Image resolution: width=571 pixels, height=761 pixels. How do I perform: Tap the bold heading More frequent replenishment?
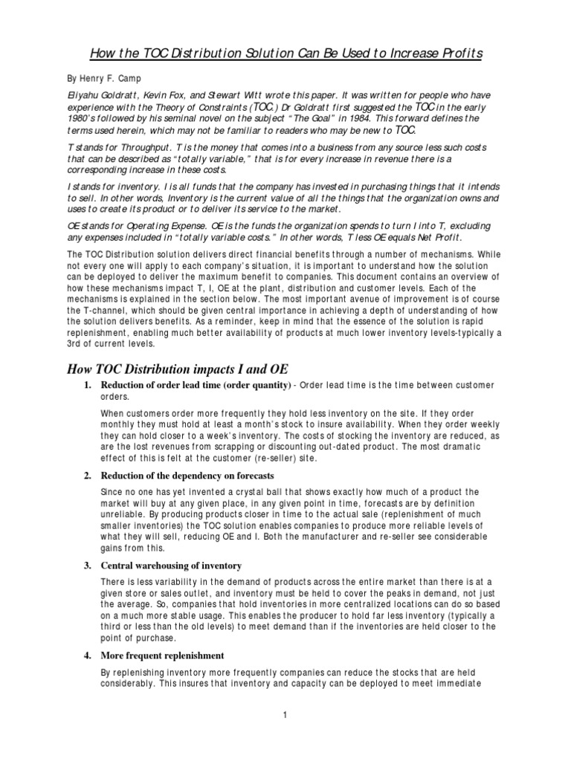[162, 655]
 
